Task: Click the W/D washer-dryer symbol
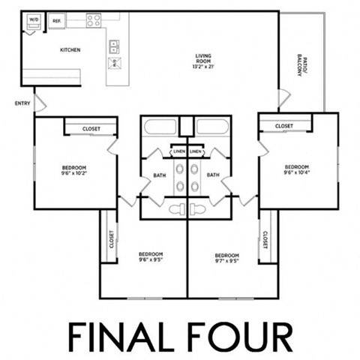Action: click(x=34, y=22)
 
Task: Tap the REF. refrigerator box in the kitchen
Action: click(x=56, y=21)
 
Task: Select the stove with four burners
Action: click(x=94, y=20)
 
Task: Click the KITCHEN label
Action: click(x=70, y=50)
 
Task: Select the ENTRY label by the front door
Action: click(x=21, y=103)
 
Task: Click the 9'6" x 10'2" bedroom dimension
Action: click(x=73, y=172)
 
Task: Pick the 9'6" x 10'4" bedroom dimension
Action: click(x=297, y=171)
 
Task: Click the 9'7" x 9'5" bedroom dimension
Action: click(x=226, y=260)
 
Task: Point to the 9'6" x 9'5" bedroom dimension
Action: click(x=151, y=260)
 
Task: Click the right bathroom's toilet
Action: click(x=199, y=208)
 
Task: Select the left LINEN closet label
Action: click(x=178, y=151)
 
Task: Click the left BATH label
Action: click(x=159, y=176)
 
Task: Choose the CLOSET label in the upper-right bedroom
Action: click(x=283, y=126)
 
